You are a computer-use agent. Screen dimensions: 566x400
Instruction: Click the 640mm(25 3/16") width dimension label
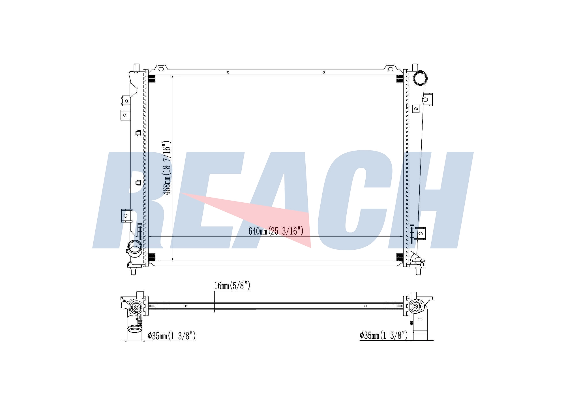coord(276,231)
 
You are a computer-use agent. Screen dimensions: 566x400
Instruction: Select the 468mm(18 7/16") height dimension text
coord(167,168)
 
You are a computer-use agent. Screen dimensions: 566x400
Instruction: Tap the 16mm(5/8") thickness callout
coord(232,286)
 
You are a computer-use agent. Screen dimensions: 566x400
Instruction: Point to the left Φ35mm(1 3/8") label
coord(171,336)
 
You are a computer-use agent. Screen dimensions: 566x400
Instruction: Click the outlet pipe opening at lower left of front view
coord(134,247)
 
